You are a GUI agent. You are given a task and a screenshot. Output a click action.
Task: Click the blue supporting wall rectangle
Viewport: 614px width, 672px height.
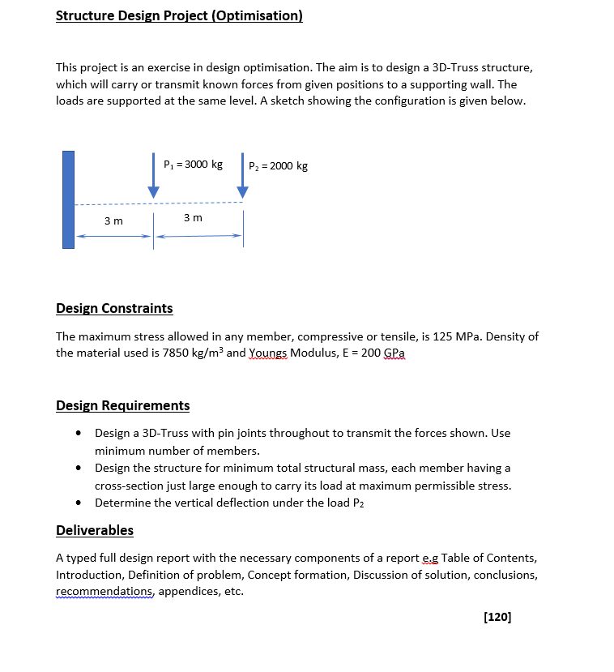(x=69, y=199)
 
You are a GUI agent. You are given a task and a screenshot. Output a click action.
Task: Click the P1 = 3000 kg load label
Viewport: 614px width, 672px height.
(x=193, y=165)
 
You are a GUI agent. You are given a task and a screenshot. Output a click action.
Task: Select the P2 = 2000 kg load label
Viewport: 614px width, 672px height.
(x=278, y=166)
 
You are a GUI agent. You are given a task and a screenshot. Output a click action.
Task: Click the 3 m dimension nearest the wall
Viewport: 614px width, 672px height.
(x=114, y=221)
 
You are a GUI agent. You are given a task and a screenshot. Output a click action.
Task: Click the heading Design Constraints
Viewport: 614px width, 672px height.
(x=114, y=308)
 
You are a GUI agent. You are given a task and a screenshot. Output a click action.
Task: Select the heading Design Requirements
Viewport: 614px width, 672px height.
(x=122, y=405)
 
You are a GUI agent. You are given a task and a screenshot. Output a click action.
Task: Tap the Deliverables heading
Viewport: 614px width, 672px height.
(x=95, y=530)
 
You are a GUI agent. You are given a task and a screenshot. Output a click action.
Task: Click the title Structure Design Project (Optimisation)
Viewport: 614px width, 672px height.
(x=179, y=16)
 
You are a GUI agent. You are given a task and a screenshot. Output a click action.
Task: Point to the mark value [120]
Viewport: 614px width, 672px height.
(x=497, y=617)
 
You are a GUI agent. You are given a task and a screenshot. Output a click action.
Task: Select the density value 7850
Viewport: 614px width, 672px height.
(x=164, y=353)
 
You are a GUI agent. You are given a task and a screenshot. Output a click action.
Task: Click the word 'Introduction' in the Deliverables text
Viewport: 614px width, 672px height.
(x=87, y=575)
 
